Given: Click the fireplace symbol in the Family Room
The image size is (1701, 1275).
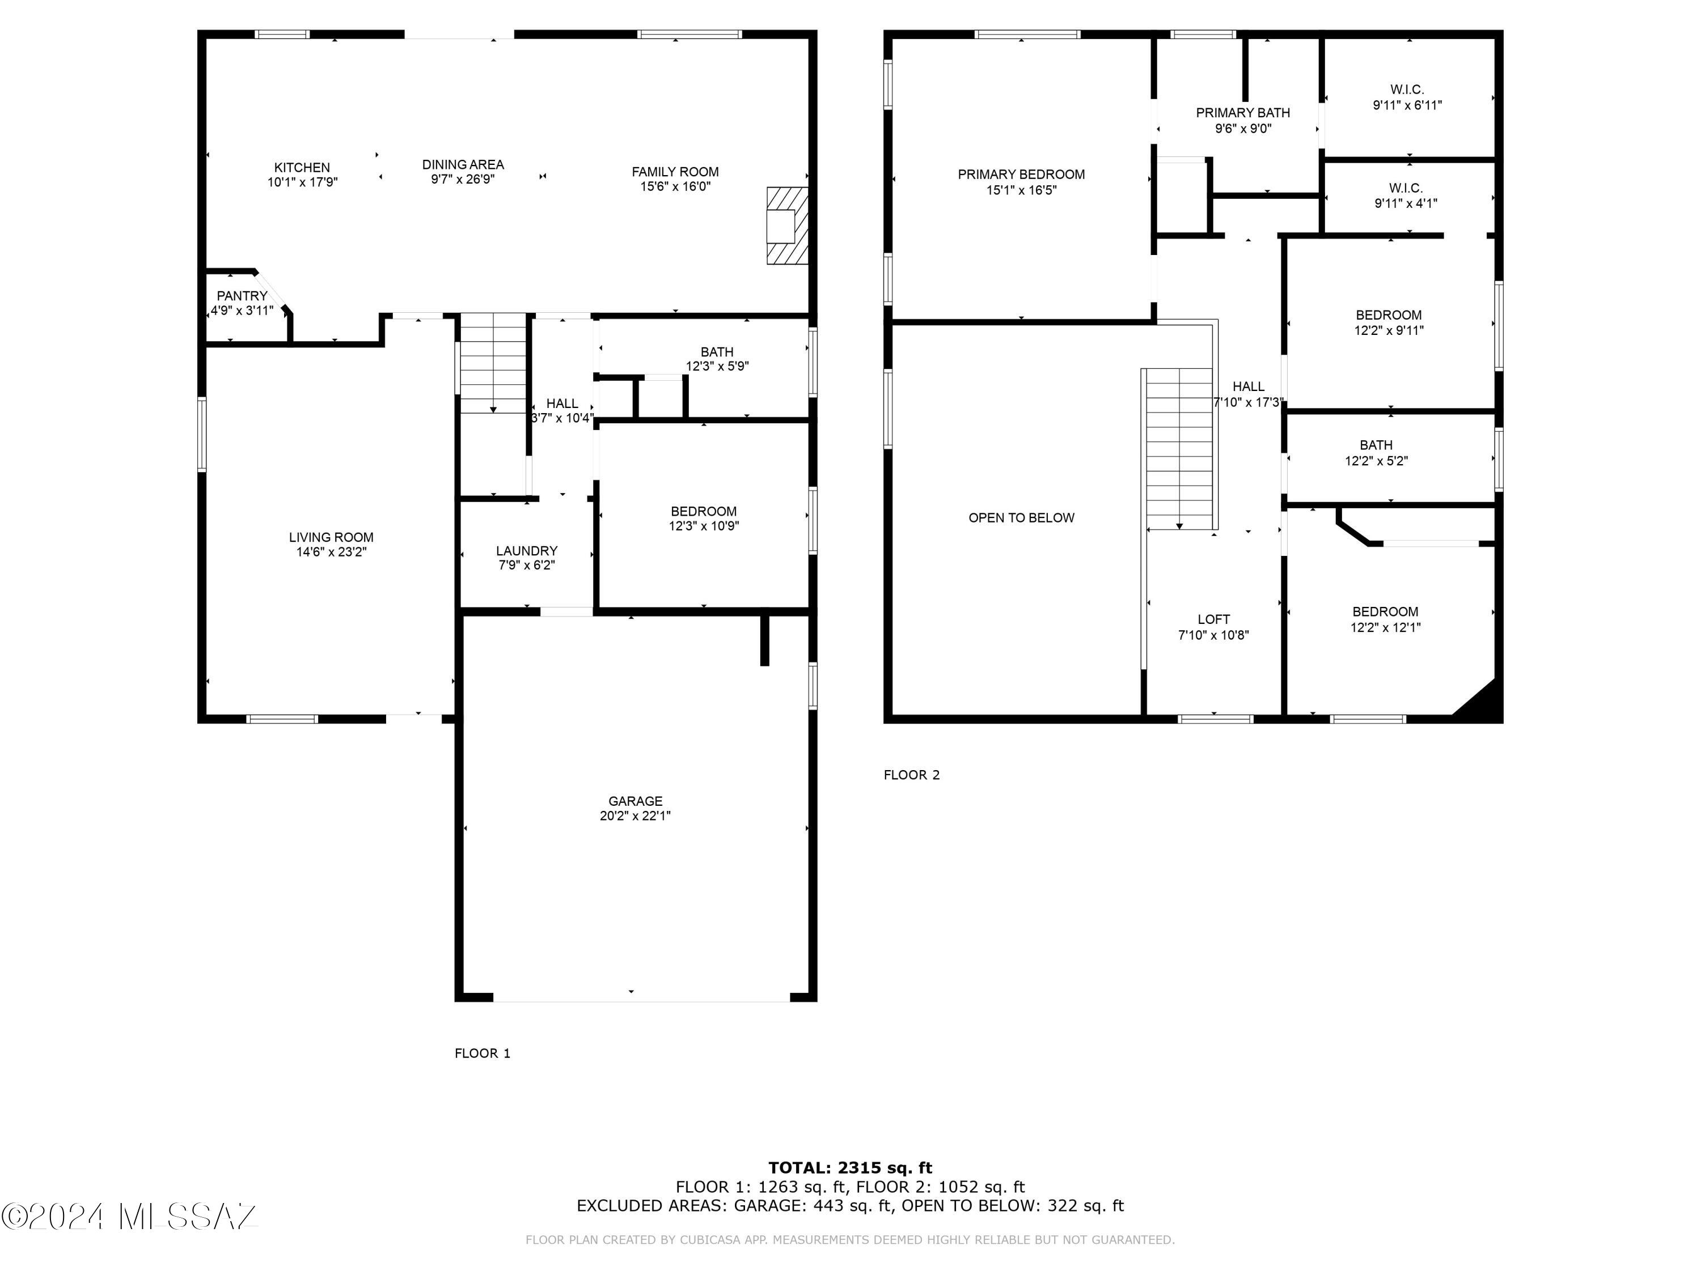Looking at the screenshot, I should click(788, 226).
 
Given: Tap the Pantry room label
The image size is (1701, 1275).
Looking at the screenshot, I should click(242, 296).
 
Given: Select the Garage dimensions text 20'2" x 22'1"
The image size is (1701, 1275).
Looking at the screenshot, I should click(635, 816).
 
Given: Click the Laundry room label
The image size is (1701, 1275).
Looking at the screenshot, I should click(526, 550).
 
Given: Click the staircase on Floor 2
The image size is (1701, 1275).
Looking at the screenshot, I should click(1179, 449).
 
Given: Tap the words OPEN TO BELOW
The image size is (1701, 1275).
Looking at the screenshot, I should click(1021, 518).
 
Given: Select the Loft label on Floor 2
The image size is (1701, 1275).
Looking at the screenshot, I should click(1213, 619).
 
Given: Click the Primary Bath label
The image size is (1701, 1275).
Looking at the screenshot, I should click(1243, 113).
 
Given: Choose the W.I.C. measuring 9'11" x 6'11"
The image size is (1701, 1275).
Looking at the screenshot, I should click(1407, 97).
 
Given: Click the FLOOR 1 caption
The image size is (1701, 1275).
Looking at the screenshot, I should click(482, 1053).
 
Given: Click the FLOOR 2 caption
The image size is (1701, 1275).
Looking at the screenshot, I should click(911, 775).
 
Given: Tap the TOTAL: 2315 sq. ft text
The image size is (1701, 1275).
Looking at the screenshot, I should click(850, 1168).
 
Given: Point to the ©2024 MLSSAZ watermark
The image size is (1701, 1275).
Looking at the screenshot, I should click(129, 1217).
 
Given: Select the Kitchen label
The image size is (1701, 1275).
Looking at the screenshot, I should click(302, 168).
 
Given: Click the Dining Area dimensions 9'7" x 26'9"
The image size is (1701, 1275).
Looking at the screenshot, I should click(462, 180).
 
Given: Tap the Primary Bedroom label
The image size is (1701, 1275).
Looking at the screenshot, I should click(1021, 175).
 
